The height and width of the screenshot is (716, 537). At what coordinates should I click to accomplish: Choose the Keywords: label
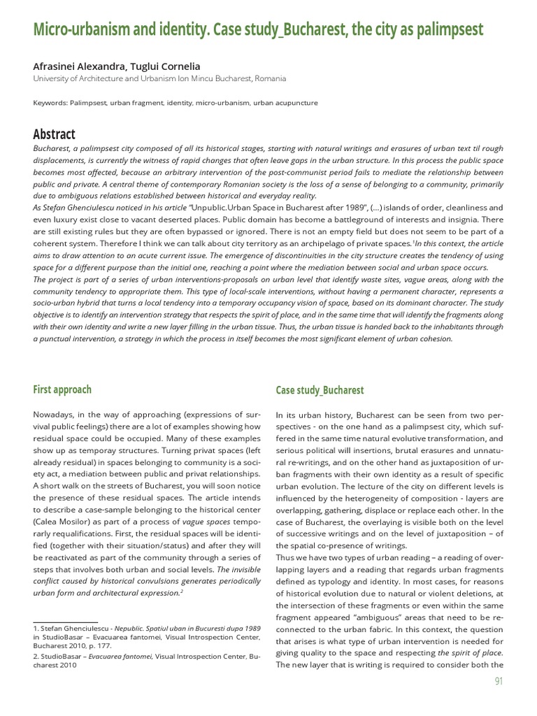pos(50,103)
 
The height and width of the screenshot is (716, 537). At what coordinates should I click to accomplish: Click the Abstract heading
pos(54,134)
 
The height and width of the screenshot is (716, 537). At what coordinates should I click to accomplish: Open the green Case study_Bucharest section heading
pos(320,390)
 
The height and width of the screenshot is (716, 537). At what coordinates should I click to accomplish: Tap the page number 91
pos(498,681)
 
